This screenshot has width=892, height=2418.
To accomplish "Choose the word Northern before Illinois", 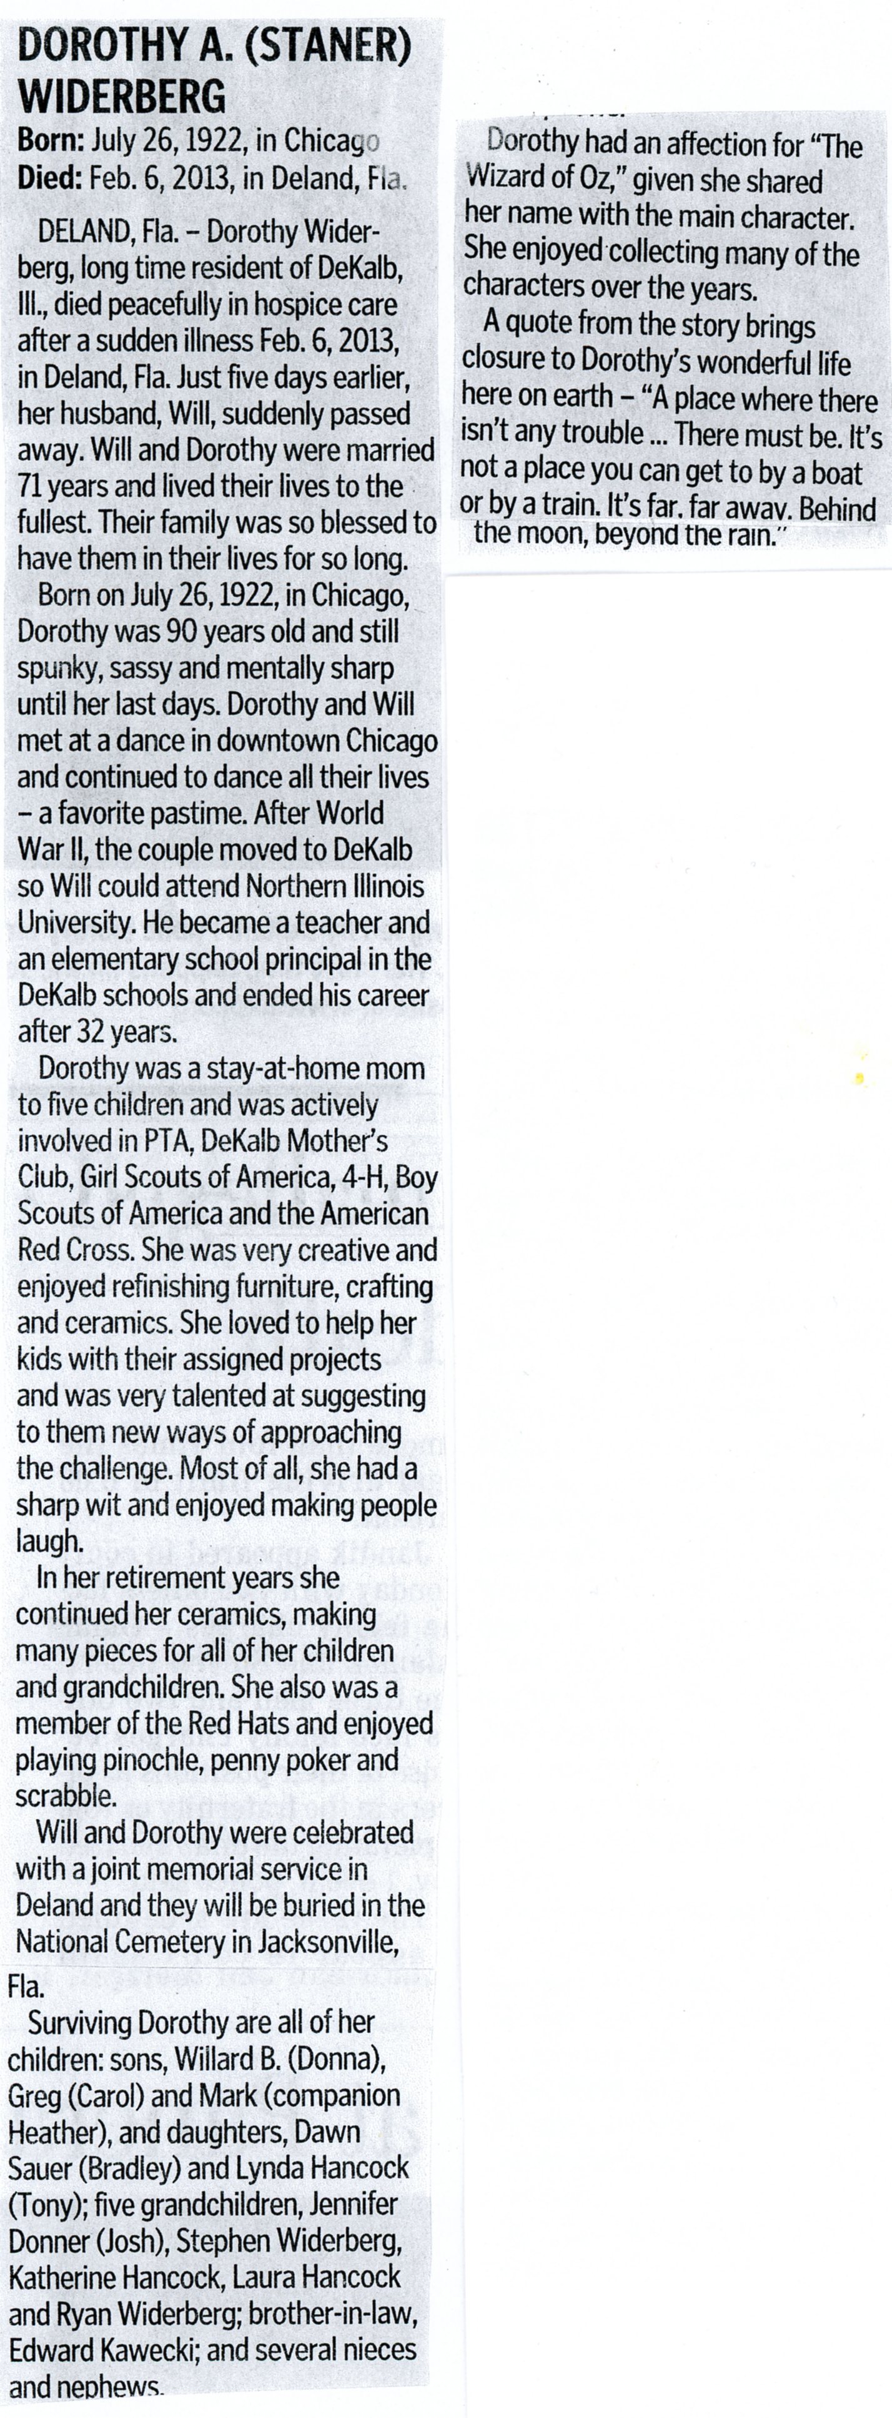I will click(302, 886).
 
